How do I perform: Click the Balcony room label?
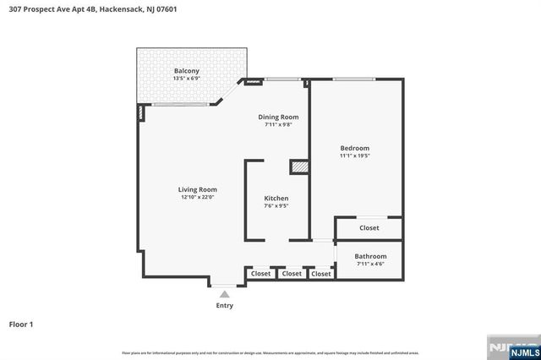click(187, 70)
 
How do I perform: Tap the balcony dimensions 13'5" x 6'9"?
click(187, 78)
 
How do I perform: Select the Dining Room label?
click(278, 117)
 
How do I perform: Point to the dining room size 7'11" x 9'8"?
click(278, 125)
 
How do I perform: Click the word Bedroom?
click(355, 148)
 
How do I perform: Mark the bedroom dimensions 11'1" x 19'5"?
click(355, 155)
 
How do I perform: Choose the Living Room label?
click(198, 189)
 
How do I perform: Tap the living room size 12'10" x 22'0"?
click(198, 197)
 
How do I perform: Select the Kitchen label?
click(276, 198)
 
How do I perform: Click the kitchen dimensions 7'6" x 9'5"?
click(276, 205)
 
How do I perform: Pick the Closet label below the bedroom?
click(369, 228)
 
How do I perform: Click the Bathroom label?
click(370, 256)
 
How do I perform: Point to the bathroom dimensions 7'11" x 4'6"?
click(370, 265)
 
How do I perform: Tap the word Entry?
click(224, 305)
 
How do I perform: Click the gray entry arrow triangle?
click(224, 294)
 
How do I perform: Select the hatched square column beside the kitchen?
click(299, 167)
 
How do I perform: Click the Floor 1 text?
click(22, 324)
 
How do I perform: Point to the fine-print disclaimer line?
click(270, 352)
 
